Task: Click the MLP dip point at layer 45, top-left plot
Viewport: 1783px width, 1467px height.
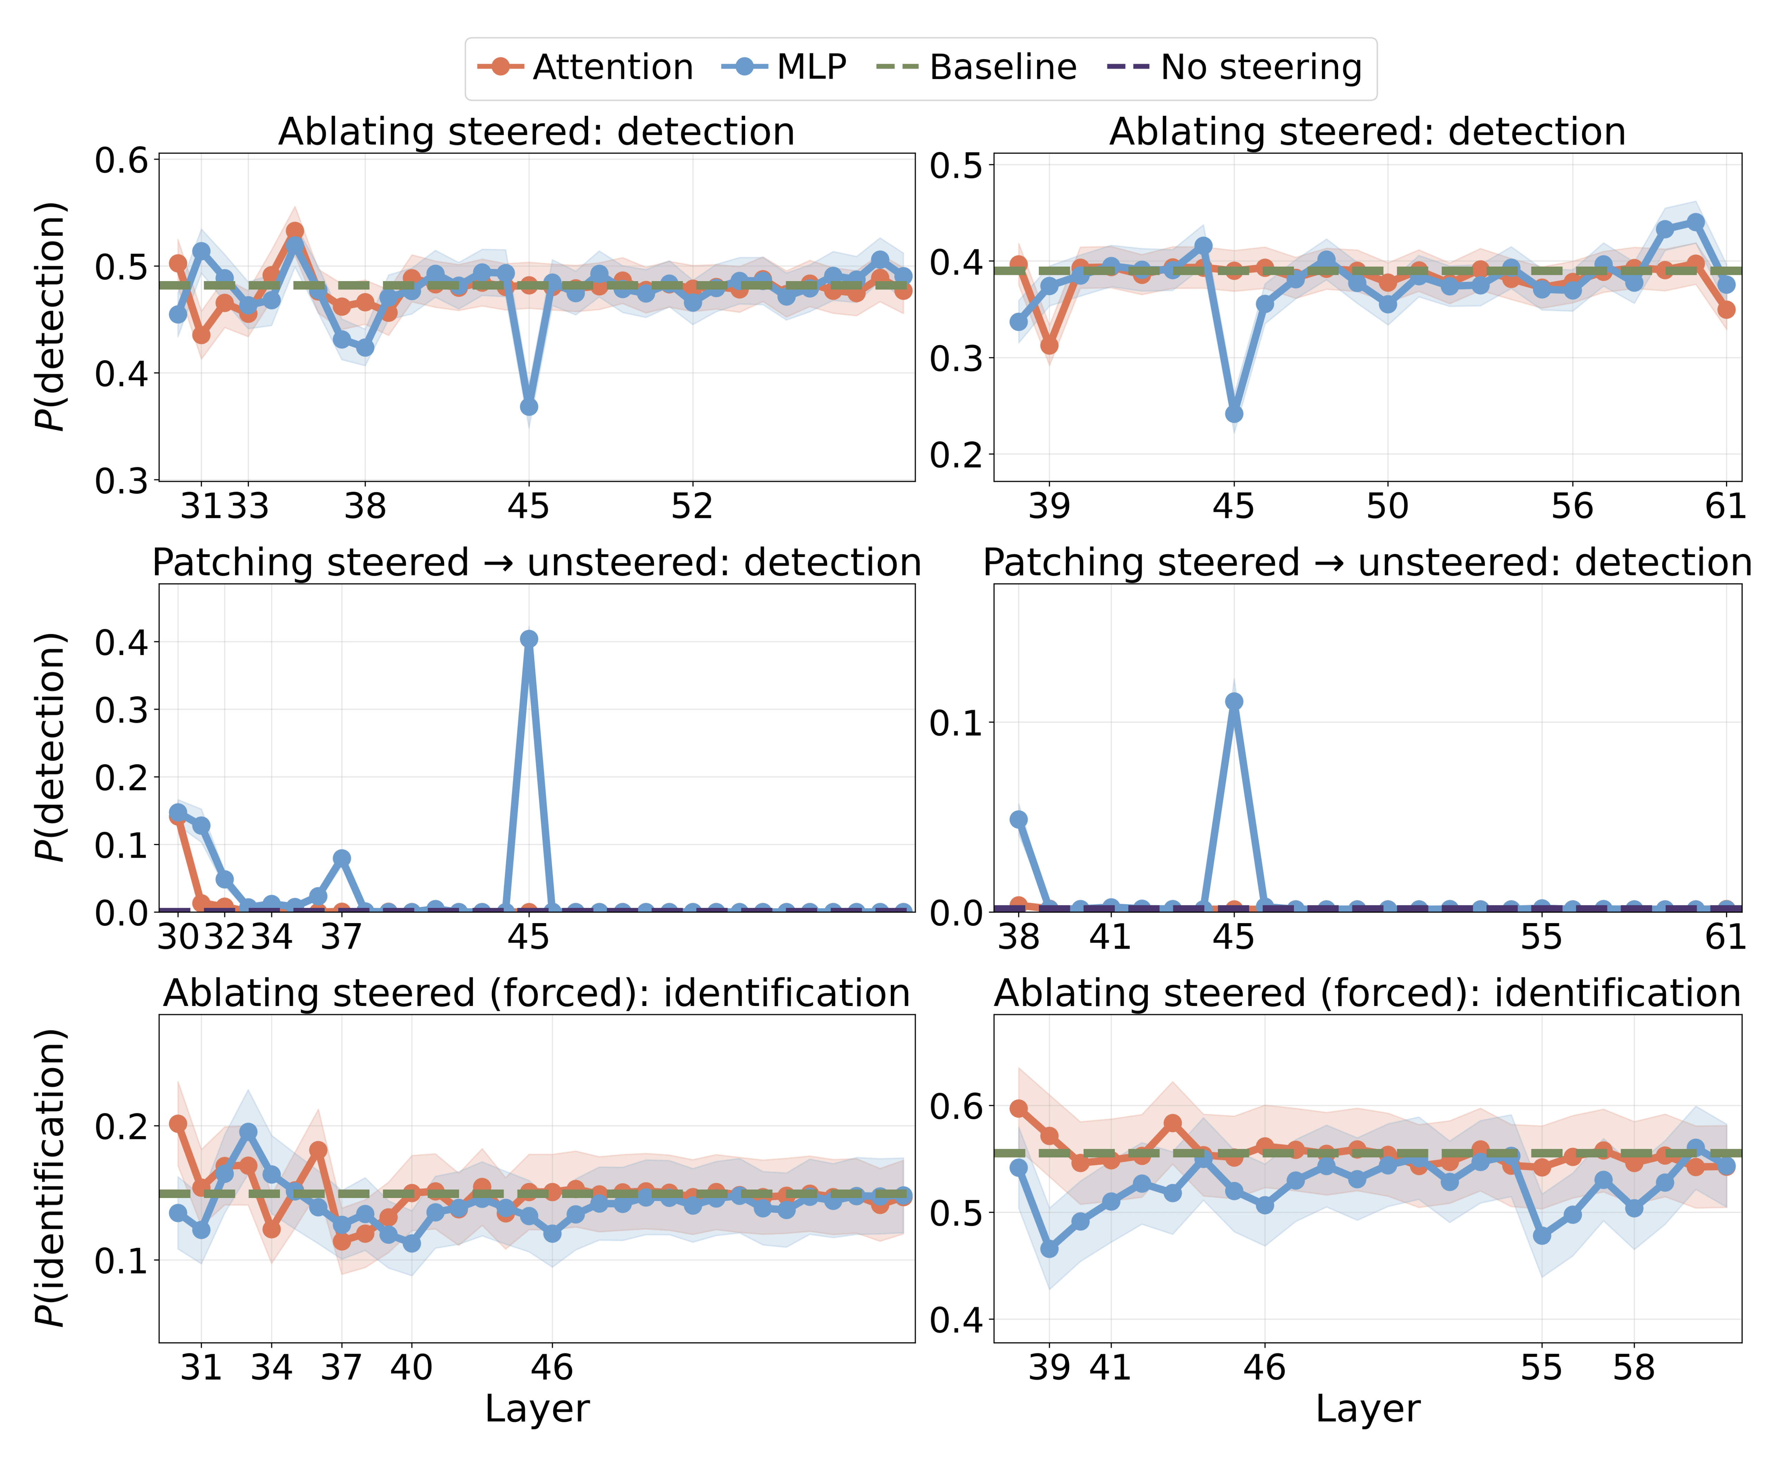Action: tap(529, 406)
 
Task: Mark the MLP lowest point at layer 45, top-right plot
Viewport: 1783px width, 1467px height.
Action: tap(1234, 413)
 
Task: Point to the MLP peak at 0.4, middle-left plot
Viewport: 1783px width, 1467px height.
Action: tap(529, 639)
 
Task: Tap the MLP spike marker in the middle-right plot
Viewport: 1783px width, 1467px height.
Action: tap(1234, 701)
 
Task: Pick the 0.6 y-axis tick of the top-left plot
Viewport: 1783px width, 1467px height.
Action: tap(121, 161)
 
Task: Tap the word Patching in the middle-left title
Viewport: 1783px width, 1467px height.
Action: tap(226, 563)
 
